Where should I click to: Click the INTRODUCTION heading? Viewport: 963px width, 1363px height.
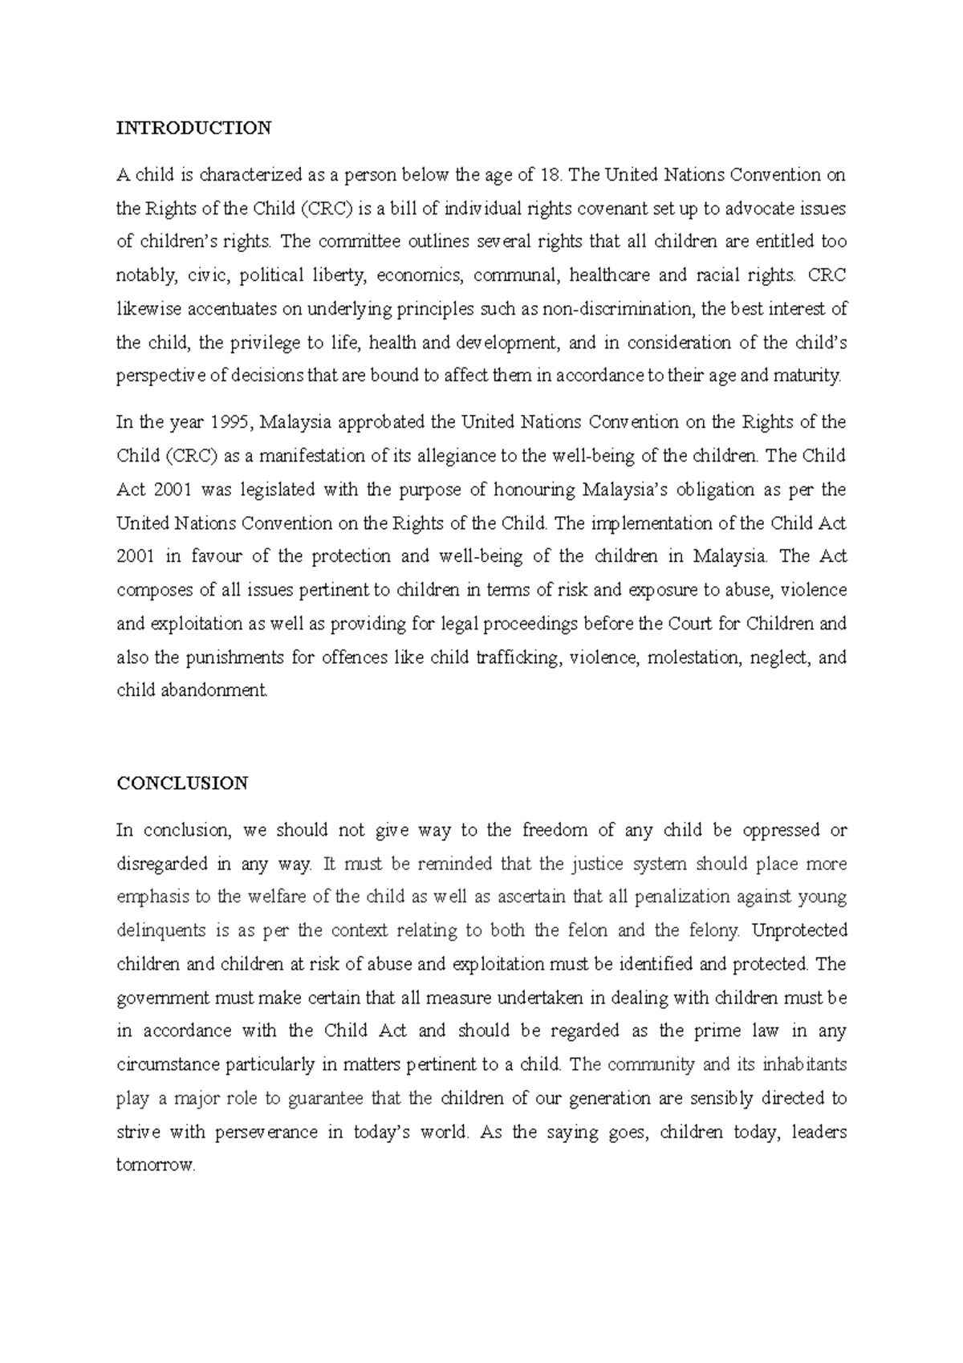(194, 128)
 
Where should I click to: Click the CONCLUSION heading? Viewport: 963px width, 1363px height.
(182, 783)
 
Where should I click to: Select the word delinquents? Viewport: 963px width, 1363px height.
(160, 931)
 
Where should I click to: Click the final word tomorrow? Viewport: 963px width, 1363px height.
(156, 1166)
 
